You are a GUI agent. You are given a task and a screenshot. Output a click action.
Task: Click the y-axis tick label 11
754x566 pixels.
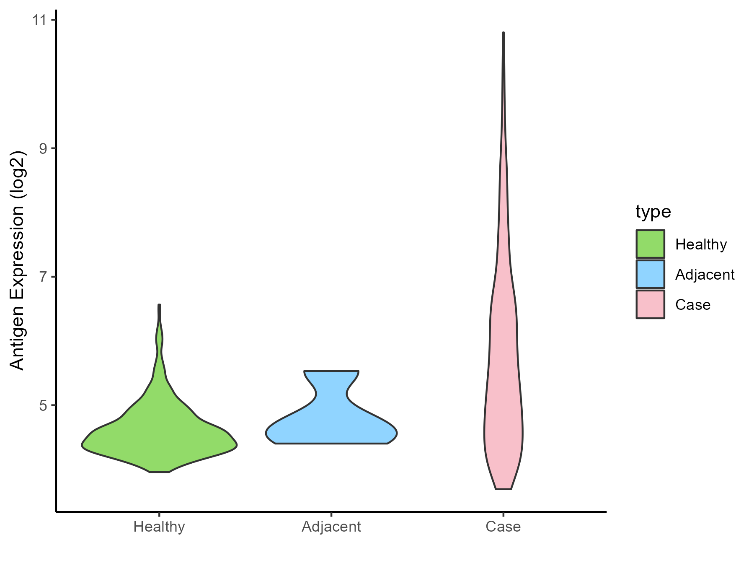(39, 20)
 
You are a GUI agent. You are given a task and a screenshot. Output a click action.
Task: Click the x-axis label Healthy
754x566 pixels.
(159, 527)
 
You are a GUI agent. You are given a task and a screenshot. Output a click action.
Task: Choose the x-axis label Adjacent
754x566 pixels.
(331, 527)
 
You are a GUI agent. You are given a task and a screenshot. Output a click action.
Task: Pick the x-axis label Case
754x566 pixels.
(503, 527)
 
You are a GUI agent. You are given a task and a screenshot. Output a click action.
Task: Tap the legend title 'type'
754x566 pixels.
(653, 212)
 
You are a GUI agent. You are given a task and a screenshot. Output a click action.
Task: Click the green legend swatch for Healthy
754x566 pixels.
(650, 244)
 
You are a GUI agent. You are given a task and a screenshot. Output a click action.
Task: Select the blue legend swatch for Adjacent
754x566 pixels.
(650, 274)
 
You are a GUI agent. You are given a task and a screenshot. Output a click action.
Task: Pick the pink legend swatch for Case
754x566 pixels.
(650, 304)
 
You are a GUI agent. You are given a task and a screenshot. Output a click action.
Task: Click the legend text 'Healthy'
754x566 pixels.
(701, 244)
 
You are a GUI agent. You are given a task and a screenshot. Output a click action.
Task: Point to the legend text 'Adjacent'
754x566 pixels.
(705, 275)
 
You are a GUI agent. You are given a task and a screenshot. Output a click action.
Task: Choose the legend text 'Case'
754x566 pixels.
(692, 305)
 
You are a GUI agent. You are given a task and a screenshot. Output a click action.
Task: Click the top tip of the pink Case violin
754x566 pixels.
(503, 33)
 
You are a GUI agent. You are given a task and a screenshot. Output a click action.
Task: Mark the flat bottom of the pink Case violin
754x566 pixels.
(503, 489)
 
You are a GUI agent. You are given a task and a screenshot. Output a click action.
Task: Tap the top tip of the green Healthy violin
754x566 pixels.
(159, 305)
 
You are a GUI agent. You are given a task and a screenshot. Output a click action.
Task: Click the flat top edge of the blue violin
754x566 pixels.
(331, 371)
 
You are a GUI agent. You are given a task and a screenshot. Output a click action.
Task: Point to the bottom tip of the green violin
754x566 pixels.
(159, 472)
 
